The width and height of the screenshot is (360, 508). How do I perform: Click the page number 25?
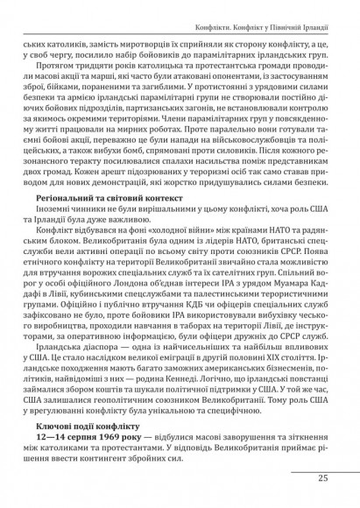(x=322, y=478)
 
